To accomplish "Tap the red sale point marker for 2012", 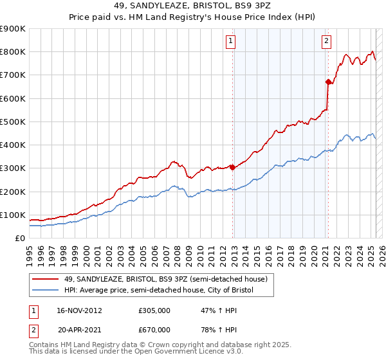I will click(x=232, y=167).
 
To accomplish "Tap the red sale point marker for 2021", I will click(x=328, y=82).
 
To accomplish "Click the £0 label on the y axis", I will click(x=19, y=238).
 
